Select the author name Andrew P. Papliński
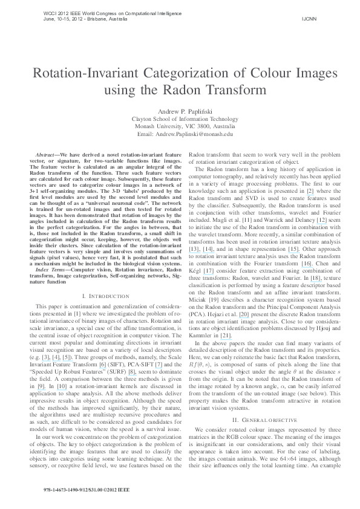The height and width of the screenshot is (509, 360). [x=180, y=111]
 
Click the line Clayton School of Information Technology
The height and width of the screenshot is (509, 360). [x=180, y=119]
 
